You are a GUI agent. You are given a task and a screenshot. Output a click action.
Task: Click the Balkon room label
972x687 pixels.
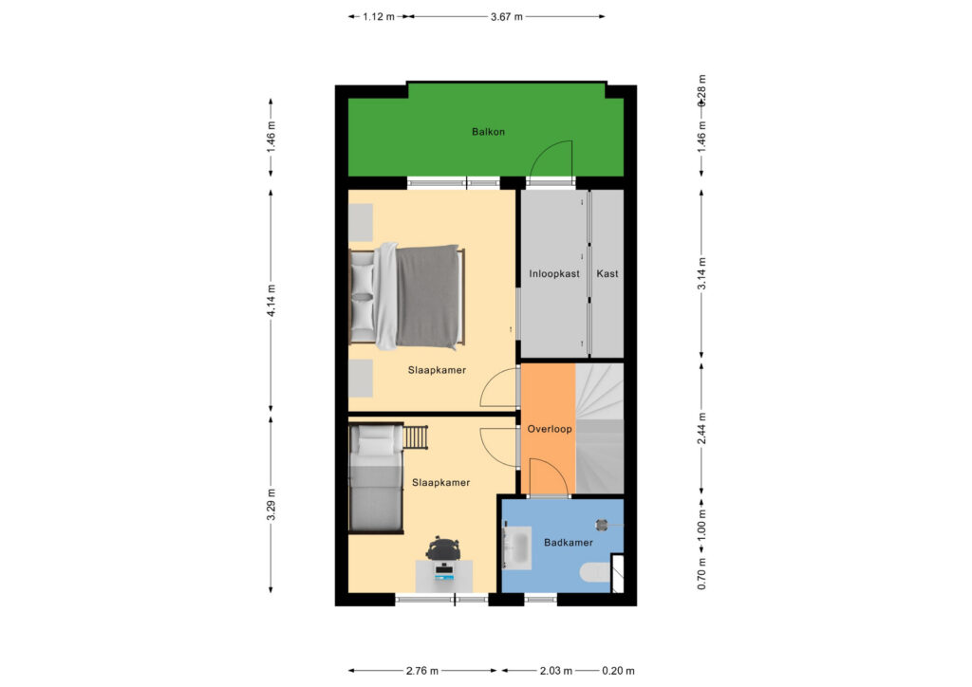[x=488, y=131]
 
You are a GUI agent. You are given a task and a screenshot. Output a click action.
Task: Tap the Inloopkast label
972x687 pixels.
[x=554, y=273]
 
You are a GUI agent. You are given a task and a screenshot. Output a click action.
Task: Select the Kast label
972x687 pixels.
[x=607, y=273]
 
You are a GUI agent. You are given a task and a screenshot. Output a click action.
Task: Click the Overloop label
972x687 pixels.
[x=550, y=429]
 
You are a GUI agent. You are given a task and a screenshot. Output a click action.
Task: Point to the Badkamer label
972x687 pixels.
[x=569, y=542]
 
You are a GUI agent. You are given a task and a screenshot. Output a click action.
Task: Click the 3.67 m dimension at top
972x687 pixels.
[x=507, y=17]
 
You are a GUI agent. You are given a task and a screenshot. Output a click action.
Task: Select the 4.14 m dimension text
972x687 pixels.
[x=271, y=301]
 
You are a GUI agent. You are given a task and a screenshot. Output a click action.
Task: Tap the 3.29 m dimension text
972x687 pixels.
[x=271, y=505]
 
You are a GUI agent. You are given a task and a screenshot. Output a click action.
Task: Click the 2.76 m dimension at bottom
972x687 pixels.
[x=422, y=670]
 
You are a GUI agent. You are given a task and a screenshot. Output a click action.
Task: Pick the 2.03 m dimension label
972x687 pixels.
[x=556, y=670]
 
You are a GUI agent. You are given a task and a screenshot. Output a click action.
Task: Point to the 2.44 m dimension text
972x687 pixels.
[x=701, y=428]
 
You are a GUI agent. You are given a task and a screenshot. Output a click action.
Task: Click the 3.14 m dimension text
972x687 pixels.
[x=701, y=273]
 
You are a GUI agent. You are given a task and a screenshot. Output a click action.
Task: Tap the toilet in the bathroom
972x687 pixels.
[x=596, y=573]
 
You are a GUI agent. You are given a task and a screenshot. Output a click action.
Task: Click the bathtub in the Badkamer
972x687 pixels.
[x=517, y=548]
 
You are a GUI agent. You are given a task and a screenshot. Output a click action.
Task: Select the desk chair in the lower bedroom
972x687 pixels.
[x=443, y=548]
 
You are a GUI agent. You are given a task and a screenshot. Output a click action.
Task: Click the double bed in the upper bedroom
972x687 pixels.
[x=407, y=297]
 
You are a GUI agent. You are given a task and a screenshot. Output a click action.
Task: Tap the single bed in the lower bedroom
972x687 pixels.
[x=376, y=477]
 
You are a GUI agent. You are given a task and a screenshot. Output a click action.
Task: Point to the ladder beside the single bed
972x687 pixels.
[x=416, y=436]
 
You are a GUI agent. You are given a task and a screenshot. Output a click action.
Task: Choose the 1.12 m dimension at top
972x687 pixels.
[x=379, y=17]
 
